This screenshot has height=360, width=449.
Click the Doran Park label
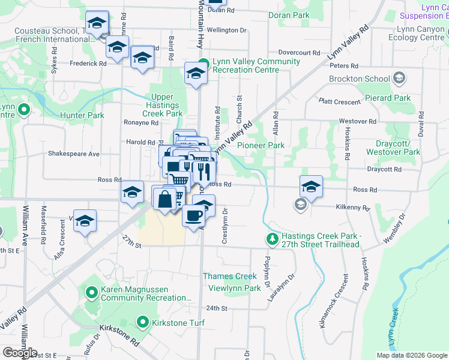tap(289, 15)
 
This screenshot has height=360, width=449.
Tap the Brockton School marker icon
tap(399, 78)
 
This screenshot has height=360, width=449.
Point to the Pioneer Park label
tap(261, 145)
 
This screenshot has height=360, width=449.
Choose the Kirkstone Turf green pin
tap(143, 322)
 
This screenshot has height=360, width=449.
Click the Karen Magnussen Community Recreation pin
tap(91, 293)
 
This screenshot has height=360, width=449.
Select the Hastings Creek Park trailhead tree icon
tap(273, 239)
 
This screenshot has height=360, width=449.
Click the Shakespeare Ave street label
tap(73, 154)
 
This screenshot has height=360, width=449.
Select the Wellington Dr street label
tap(227, 30)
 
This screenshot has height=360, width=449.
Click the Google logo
tap(20, 352)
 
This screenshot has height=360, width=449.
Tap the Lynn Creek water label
tap(393, 328)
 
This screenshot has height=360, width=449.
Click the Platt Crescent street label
tap(339, 102)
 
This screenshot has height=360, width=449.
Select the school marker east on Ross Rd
tap(311, 188)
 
